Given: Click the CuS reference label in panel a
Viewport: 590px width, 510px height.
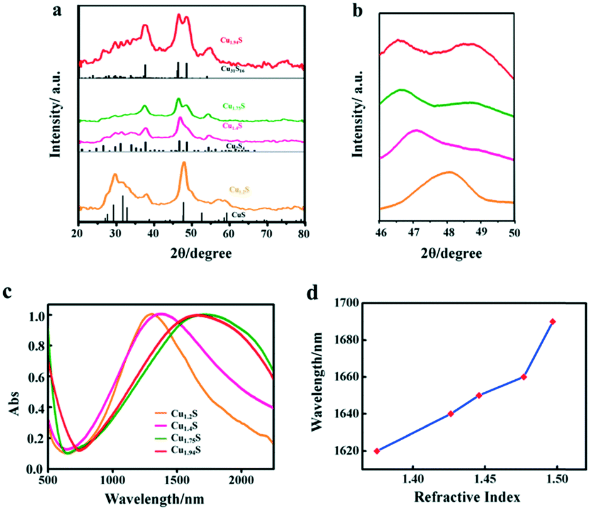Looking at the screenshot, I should [238, 214].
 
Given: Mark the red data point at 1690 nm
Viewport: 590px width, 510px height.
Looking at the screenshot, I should [553, 321].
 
